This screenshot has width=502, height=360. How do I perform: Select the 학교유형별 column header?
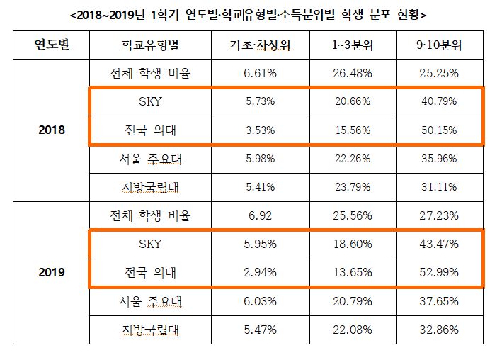151,46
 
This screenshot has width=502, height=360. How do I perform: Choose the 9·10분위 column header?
439,46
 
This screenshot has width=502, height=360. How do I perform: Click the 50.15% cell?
439,130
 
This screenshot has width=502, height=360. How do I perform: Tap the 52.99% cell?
439,272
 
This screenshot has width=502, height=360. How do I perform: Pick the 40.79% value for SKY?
439,102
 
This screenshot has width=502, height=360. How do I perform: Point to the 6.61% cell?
258,73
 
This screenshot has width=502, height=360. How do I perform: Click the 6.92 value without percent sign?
258,215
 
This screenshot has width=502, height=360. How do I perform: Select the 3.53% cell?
258,130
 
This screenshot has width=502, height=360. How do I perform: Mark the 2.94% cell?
258,272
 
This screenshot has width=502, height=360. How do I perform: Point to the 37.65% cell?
439,301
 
